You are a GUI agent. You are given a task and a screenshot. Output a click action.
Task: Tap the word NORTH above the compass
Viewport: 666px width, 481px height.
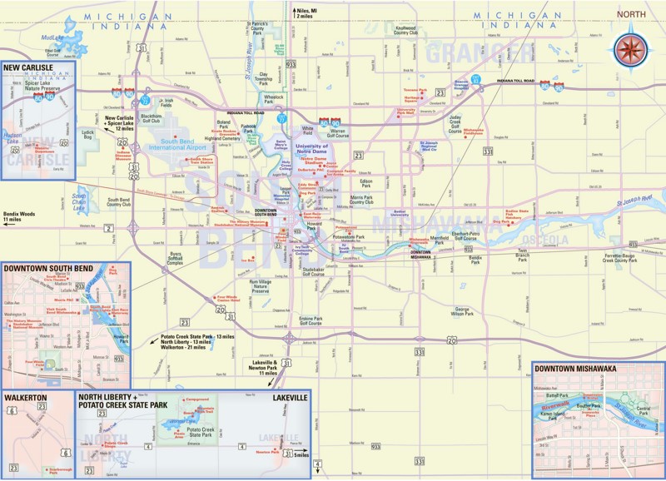point(632,14)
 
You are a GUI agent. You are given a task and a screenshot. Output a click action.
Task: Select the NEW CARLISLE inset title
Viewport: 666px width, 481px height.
point(28,67)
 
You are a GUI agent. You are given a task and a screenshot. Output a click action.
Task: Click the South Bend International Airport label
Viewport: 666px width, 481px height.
point(176,145)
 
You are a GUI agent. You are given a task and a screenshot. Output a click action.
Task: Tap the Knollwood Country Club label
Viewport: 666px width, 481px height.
point(405,31)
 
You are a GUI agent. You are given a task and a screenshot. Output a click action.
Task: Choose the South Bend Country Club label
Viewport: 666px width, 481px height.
point(119,202)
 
